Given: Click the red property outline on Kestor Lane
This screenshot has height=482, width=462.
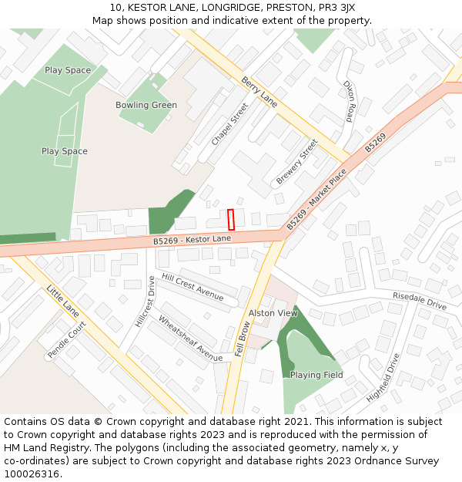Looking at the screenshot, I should pyautogui.click(x=231, y=219).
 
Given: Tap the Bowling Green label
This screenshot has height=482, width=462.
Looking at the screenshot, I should pyautogui.click(x=146, y=105).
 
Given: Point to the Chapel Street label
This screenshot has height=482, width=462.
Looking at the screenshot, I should pyautogui.click(x=230, y=124).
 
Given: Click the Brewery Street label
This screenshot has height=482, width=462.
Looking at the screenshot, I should pyautogui.click(x=297, y=162).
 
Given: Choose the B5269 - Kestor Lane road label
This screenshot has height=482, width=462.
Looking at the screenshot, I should pyautogui.click(x=192, y=240).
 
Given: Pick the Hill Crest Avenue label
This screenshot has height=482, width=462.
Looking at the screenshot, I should pyautogui.click(x=192, y=287).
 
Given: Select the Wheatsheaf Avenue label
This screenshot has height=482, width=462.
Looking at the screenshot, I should pyautogui.click(x=190, y=338).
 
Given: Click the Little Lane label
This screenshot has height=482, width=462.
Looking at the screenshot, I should pyautogui.click(x=62, y=301).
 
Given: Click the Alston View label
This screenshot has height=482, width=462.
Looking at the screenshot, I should pyautogui.click(x=273, y=313).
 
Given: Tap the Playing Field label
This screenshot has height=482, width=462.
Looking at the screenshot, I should pyautogui.click(x=316, y=375).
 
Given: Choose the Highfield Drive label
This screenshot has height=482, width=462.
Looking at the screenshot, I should pyautogui.click(x=384, y=377).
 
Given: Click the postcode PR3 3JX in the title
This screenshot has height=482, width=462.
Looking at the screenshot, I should pyautogui.click(x=338, y=7).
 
